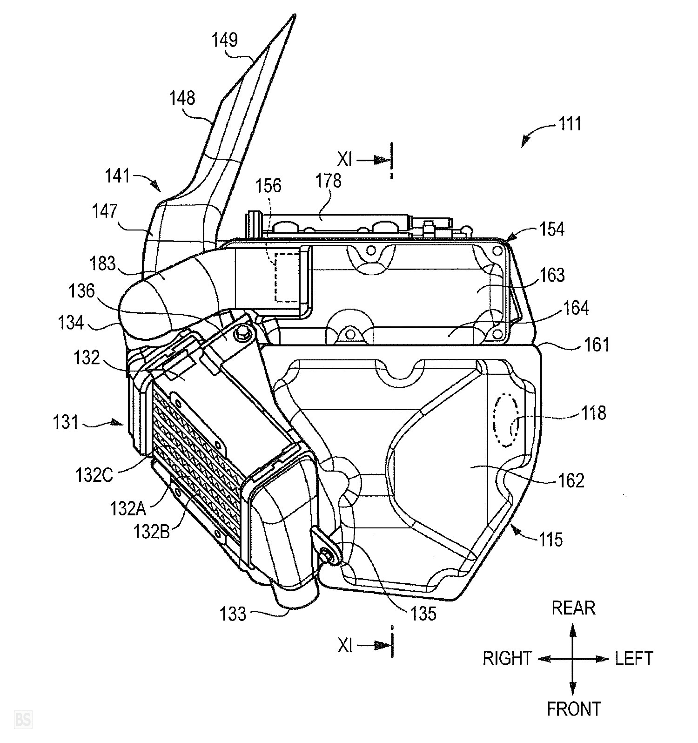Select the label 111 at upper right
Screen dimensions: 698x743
(569, 124)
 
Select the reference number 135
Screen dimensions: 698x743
(423, 614)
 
